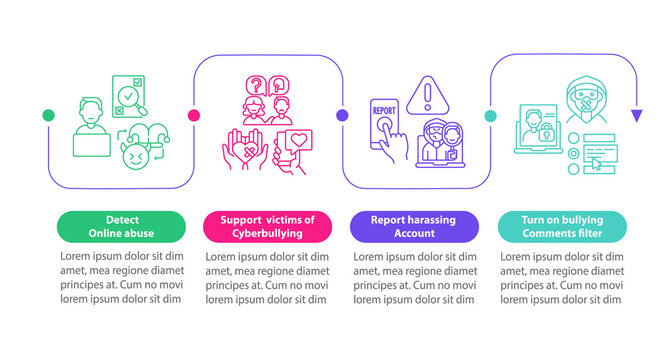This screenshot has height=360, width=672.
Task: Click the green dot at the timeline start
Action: coord(48,116)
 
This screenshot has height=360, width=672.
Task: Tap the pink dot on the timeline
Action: coord(194,116)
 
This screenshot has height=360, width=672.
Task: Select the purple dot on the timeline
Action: coord(341,116)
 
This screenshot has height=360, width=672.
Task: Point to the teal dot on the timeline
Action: coord(489,116)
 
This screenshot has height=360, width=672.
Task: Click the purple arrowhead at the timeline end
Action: coord(636,116)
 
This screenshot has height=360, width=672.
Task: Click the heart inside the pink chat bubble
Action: coord(300,140)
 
